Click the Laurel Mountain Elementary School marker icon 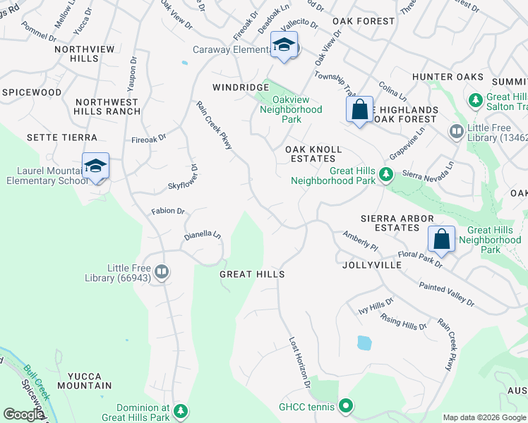95,166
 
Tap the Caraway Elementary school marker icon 284,45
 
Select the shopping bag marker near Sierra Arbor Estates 441,239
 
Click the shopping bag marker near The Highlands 359,110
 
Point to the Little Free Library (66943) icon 162,271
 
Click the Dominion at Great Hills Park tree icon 181,411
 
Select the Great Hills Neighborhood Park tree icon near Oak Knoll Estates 385,173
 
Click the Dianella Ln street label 203,236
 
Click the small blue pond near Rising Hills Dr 364,343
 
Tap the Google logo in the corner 23,415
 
